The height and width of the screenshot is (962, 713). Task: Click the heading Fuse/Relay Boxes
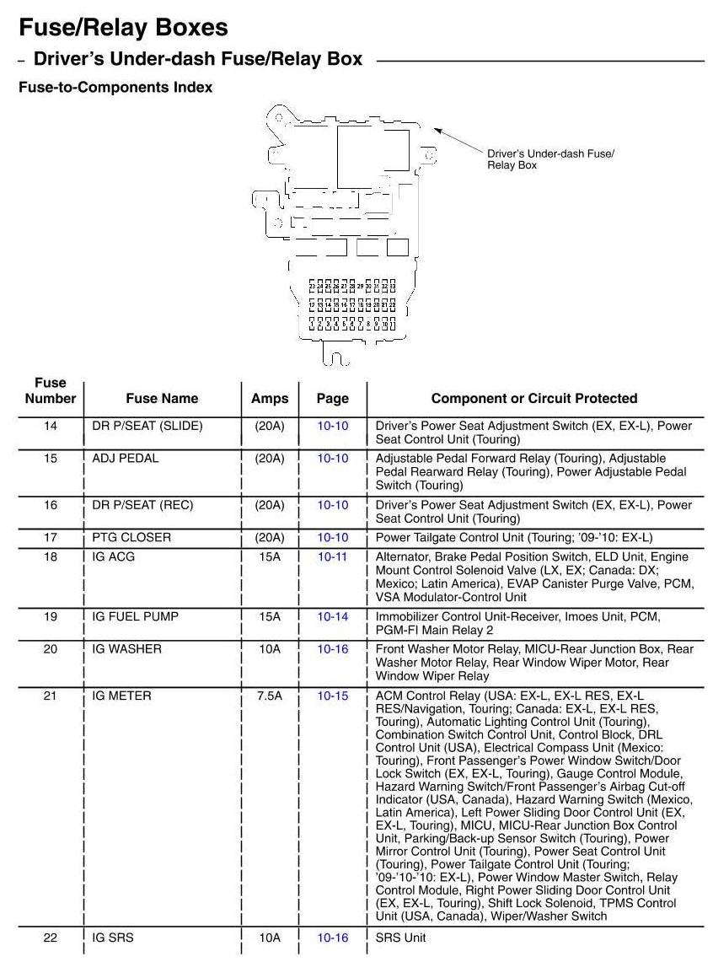(x=123, y=28)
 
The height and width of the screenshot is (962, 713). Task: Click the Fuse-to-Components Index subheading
(x=115, y=87)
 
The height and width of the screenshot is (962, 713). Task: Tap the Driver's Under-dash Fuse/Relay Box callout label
(x=550, y=159)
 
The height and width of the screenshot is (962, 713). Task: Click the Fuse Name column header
(x=162, y=399)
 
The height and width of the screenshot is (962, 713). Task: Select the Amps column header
(x=270, y=399)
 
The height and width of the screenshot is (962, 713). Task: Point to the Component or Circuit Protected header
(x=534, y=399)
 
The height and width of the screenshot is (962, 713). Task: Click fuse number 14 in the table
(x=51, y=427)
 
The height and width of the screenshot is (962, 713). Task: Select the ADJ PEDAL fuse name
(x=126, y=459)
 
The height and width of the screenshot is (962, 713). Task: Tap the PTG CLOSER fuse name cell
(x=131, y=538)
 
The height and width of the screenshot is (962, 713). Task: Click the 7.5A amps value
(x=270, y=696)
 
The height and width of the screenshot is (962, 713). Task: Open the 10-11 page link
(x=332, y=557)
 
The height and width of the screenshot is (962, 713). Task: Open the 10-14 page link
(x=332, y=617)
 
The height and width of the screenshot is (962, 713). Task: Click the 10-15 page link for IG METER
(x=332, y=696)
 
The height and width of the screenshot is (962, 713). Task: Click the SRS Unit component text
(x=401, y=938)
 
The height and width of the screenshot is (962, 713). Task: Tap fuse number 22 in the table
(x=51, y=938)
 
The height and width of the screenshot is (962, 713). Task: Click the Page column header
(x=332, y=399)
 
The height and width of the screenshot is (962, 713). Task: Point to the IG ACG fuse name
(x=113, y=557)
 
